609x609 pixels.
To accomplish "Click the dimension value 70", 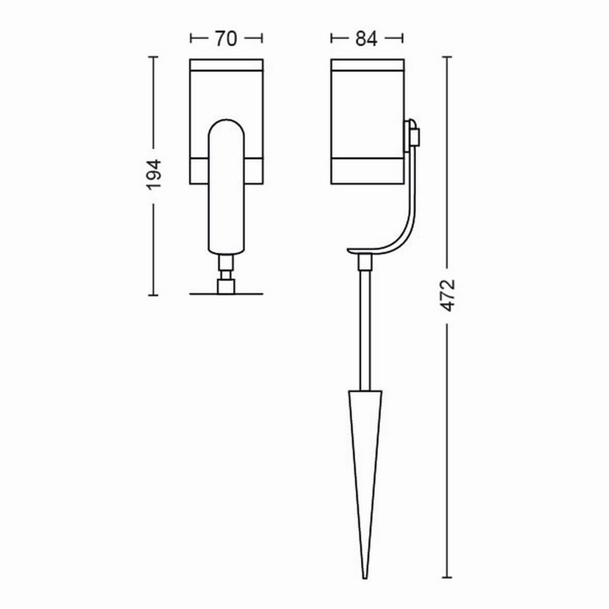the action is (x=226, y=38).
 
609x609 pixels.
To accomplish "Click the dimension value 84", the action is (x=366, y=38).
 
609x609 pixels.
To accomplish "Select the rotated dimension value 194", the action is (x=154, y=175).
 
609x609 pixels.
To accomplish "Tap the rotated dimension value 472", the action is (x=448, y=295).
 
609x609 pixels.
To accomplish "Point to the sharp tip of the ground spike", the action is (x=365, y=579).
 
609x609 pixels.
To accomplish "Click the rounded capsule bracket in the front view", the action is (x=227, y=186).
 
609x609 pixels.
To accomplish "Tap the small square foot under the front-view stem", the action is (x=226, y=287).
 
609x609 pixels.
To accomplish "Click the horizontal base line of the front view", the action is (x=226, y=294).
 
